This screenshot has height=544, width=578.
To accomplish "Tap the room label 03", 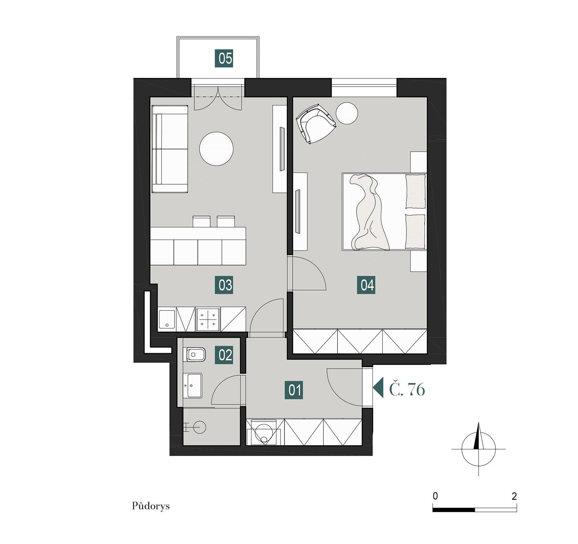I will pos(225,285).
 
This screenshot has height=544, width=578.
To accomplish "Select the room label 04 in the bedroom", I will pos(367,285).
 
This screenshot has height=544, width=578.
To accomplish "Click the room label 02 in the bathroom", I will pos(225,355).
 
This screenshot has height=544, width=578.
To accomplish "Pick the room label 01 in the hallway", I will pos(295,390).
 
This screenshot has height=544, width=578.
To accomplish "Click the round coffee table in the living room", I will pos(216,148).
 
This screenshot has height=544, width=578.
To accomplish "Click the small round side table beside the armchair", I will pos(346,113).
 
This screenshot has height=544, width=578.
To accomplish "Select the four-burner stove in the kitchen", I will pos(208,319).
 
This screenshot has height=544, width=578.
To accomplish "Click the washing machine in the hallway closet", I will pos(264,432).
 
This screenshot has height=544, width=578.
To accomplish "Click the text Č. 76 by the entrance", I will pos(407,389).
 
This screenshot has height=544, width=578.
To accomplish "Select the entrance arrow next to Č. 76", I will pos(378,388).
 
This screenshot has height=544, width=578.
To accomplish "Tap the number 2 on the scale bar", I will pos(514,496).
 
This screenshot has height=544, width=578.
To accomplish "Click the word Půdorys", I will pos(151,506).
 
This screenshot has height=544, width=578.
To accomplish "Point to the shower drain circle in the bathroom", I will pos(200,428).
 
